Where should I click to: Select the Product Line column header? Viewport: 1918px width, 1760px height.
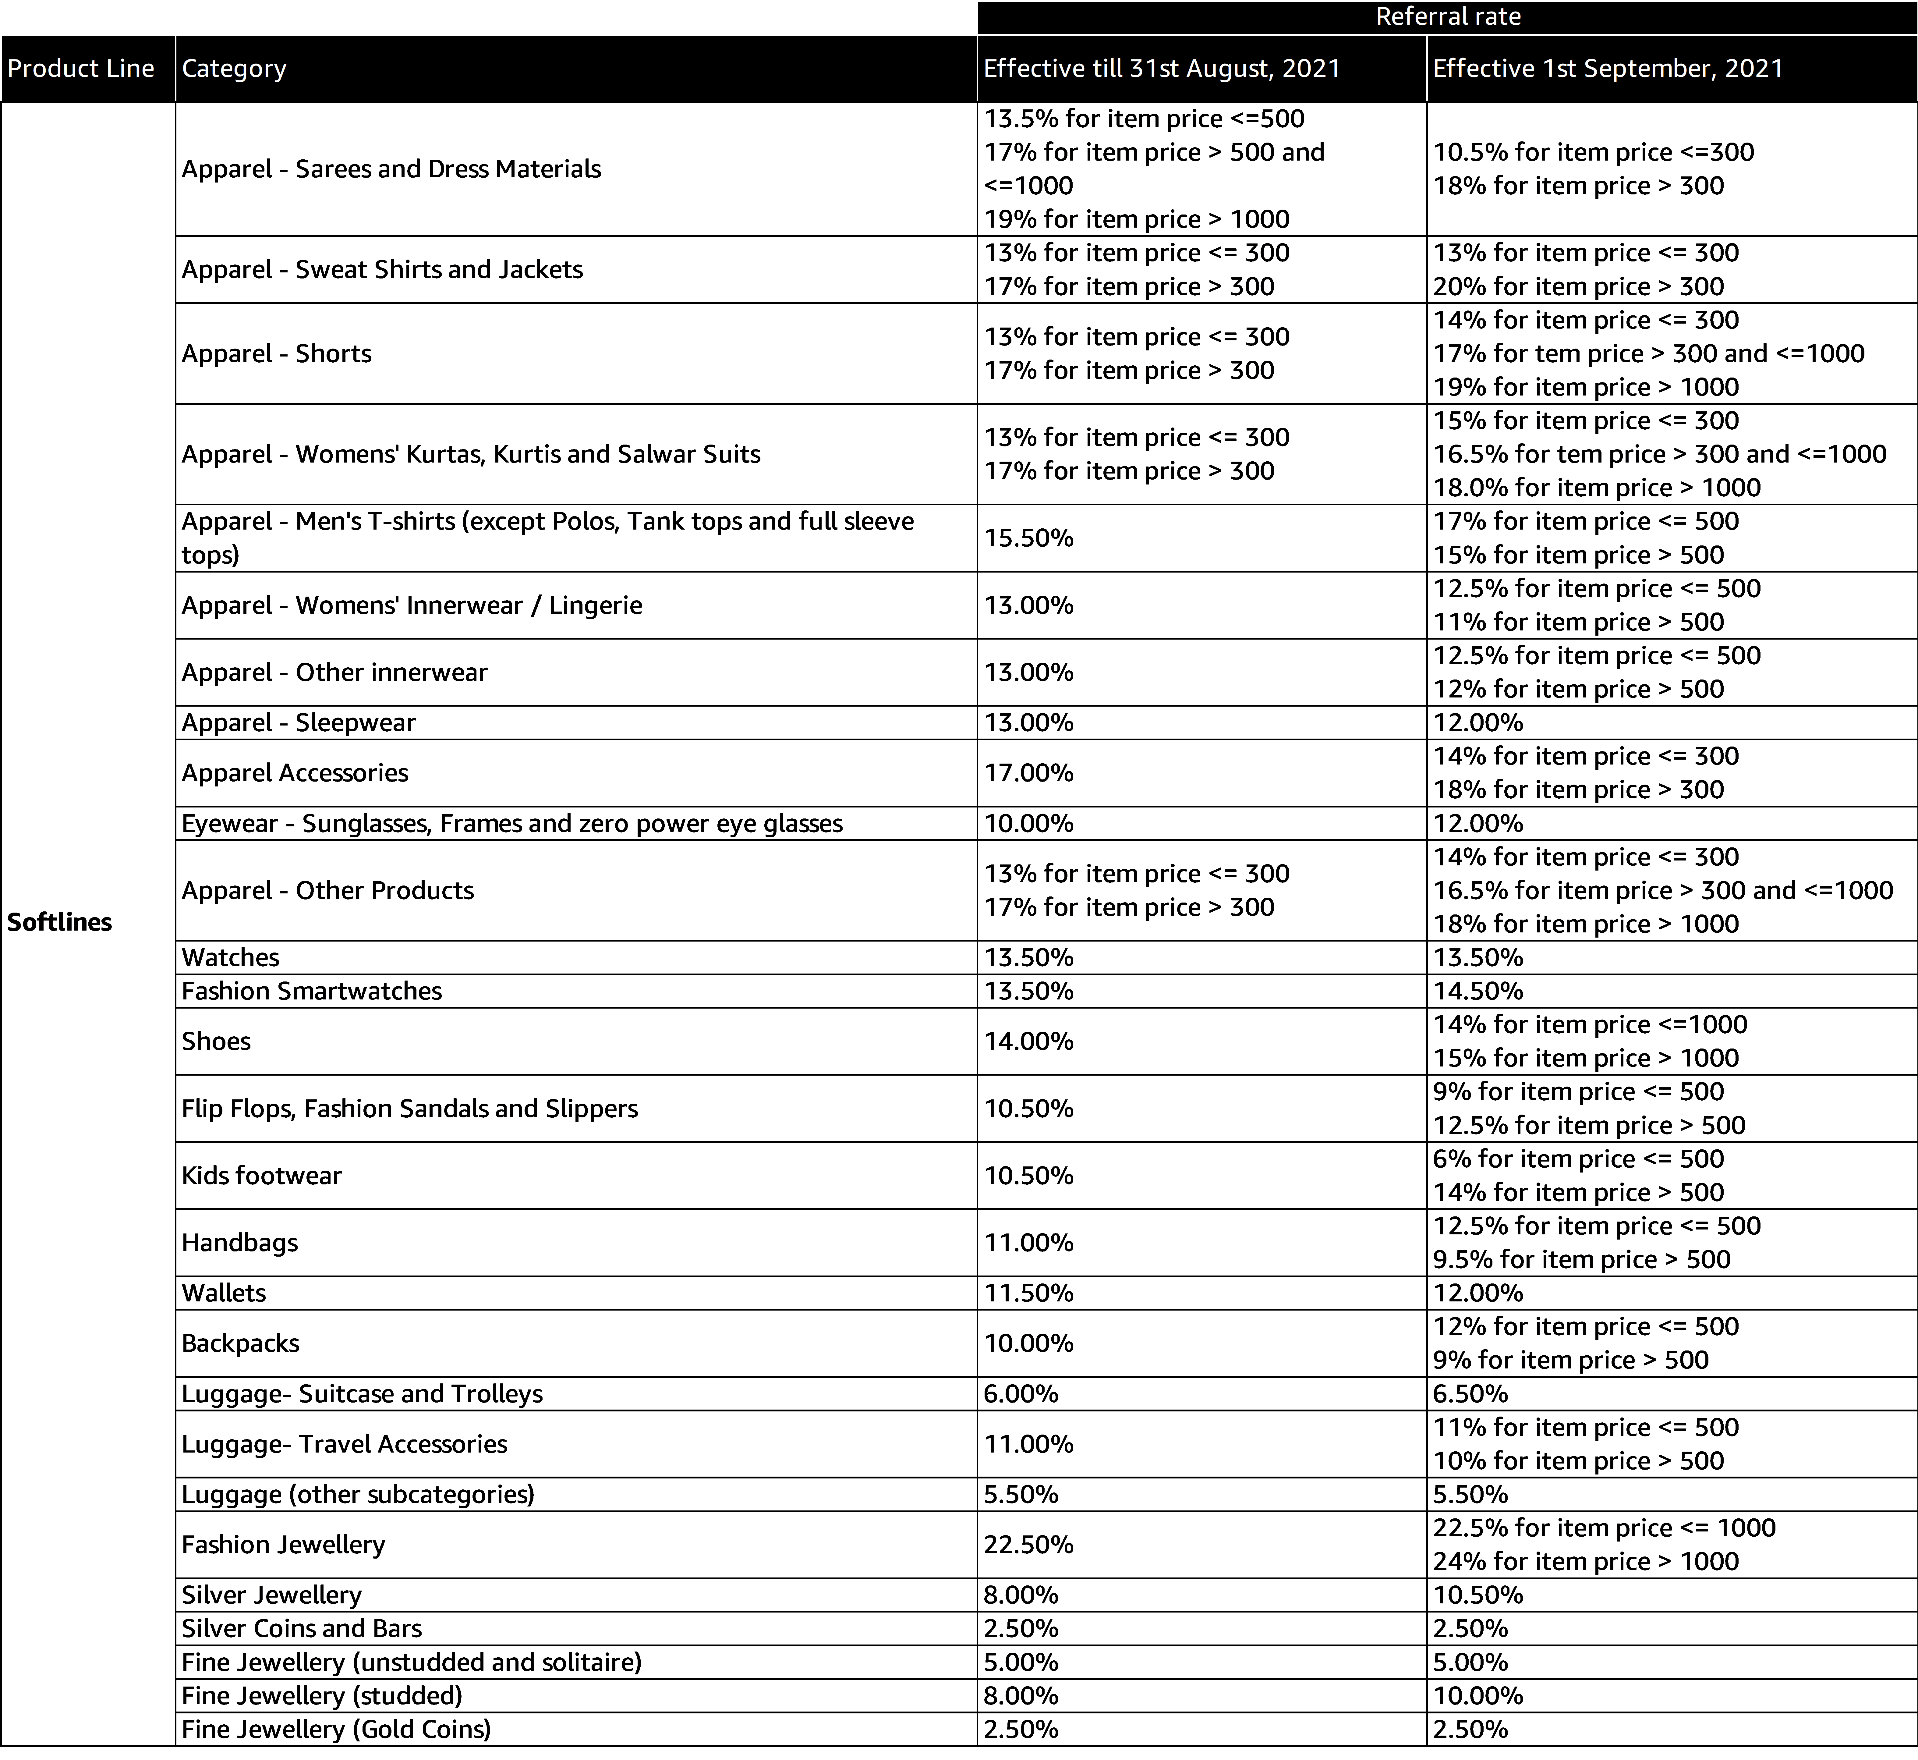pyautogui.click(x=81, y=69)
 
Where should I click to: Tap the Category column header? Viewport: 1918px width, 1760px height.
pyautogui.click(x=234, y=69)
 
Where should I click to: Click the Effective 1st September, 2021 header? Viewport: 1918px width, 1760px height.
pyautogui.click(x=1608, y=69)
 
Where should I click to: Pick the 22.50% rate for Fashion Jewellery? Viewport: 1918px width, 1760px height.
pyautogui.click(x=1028, y=1545)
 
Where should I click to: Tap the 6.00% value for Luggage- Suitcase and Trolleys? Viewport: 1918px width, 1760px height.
pyautogui.click(x=1021, y=1394)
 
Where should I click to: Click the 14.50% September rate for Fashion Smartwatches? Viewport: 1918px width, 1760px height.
pyautogui.click(x=1478, y=992)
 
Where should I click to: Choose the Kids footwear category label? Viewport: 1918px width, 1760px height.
pyautogui.click(x=262, y=1176)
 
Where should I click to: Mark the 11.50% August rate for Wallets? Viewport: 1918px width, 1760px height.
pyautogui.click(x=1028, y=1293)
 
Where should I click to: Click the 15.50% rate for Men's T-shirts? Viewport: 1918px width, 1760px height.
pyautogui.click(x=1028, y=538)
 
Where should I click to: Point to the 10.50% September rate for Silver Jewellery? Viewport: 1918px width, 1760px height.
pyautogui.click(x=1478, y=1595)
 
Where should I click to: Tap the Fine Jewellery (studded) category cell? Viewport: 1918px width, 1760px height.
pyautogui.click(x=322, y=1696)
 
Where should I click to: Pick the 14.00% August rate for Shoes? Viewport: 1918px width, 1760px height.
pyautogui.click(x=1028, y=1042)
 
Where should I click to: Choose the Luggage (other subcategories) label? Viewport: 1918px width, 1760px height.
pyautogui.click(x=358, y=1494)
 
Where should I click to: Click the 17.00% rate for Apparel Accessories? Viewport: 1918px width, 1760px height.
pyautogui.click(x=1028, y=773)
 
